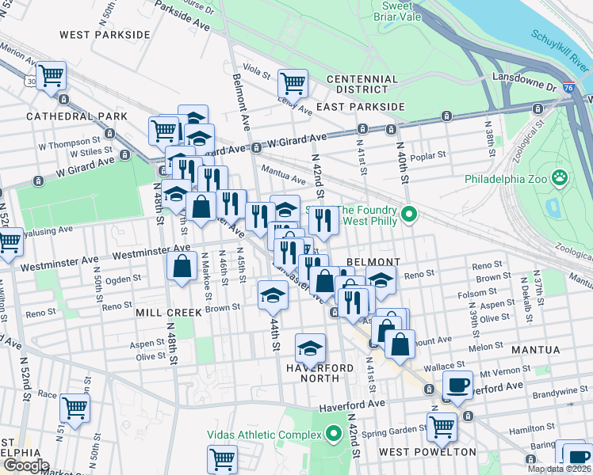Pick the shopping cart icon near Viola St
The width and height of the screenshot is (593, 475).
click(x=293, y=82)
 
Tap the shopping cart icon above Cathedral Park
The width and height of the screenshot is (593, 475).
click(x=51, y=76)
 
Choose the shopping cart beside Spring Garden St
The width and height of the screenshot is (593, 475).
click(x=442, y=427)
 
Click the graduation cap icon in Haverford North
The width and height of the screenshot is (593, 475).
click(x=311, y=348)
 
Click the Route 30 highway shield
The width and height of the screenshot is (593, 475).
click(x=29, y=81)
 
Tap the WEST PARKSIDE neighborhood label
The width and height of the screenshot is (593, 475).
click(x=105, y=35)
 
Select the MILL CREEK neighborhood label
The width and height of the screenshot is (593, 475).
click(x=169, y=312)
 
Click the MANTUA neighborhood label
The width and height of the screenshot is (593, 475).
click(x=536, y=349)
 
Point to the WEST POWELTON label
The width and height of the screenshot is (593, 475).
click(x=427, y=452)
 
